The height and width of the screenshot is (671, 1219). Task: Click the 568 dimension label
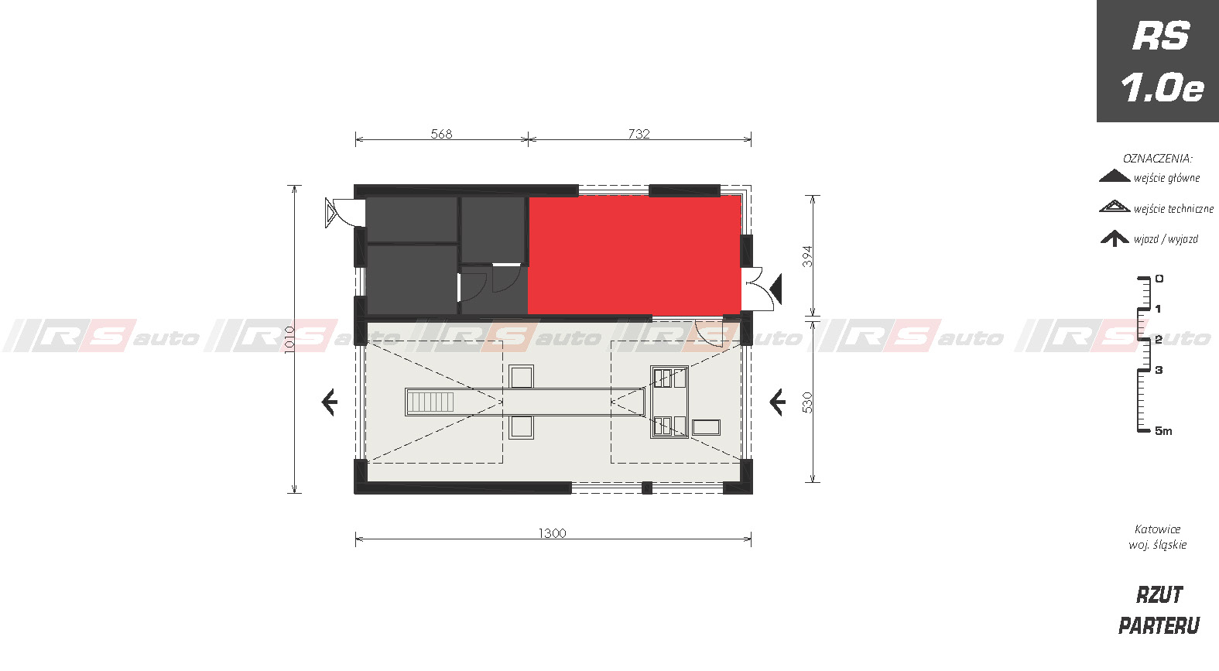coord(441,134)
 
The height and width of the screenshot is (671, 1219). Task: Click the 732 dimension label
coord(639,134)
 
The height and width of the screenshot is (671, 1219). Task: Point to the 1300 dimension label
coord(553,533)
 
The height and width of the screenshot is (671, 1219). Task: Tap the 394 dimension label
coord(807,256)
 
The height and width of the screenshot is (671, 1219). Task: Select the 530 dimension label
coord(807,402)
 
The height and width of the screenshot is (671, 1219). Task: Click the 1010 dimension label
coord(289,339)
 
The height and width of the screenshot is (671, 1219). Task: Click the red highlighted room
coord(635,255)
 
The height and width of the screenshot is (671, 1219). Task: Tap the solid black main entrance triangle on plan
coord(776,289)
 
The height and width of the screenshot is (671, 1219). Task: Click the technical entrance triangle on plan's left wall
coord(330,213)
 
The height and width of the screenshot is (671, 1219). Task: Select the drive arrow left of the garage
coord(330,402)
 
